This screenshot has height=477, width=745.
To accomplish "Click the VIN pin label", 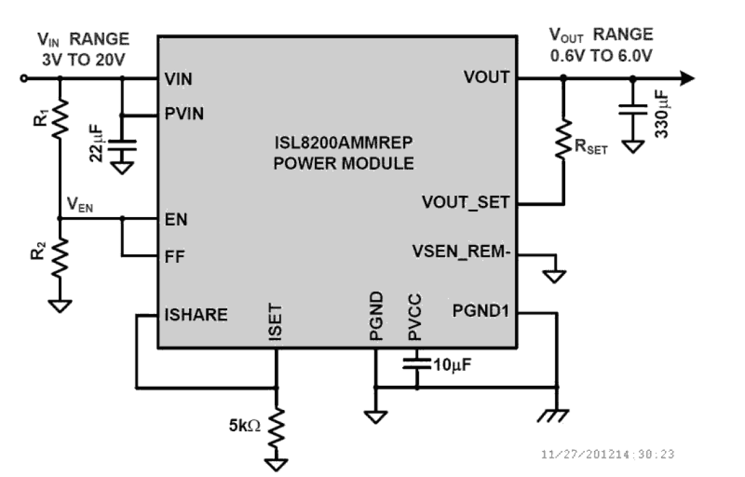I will coord(178,79).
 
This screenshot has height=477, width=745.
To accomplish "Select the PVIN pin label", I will coord(184,114).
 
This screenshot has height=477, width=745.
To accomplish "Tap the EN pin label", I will coord(176,220).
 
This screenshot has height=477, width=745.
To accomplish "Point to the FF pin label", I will coord(174,256).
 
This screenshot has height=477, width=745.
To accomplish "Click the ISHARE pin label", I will coord(195,314).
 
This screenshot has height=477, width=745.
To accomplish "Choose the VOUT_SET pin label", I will coord(466,202).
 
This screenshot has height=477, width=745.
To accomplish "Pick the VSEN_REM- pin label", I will coord(461,251).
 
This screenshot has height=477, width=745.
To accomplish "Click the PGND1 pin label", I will coord(480,310).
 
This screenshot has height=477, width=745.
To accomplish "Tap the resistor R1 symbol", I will coord(60,119).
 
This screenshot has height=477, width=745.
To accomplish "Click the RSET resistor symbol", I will coord(563,140).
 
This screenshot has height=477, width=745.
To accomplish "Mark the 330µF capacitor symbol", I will coord(633,113).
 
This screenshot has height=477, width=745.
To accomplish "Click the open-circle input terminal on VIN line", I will coord(24,78).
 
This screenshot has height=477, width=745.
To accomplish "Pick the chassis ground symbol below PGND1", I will coord(555,415).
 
